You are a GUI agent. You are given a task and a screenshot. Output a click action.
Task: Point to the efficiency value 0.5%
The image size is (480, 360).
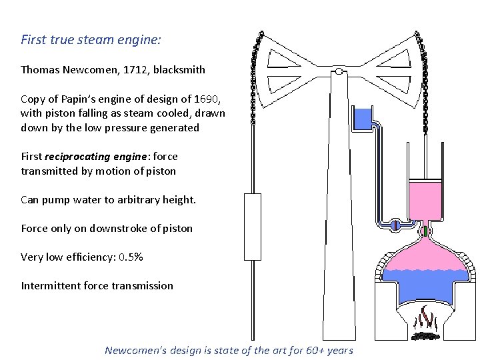click(x=133, y=257)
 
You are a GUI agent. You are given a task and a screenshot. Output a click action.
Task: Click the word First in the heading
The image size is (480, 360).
click(x=33, y=39)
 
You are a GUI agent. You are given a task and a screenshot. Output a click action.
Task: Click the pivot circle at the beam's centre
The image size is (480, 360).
click(x=339, y=71)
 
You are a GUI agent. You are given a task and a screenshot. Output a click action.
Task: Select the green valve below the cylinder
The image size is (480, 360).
click(x=424, y=231)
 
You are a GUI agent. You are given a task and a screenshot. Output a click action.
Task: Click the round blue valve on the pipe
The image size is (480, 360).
click(x=395, y=225)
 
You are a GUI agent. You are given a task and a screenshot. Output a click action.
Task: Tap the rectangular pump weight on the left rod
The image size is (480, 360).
click(x=253, y=226)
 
